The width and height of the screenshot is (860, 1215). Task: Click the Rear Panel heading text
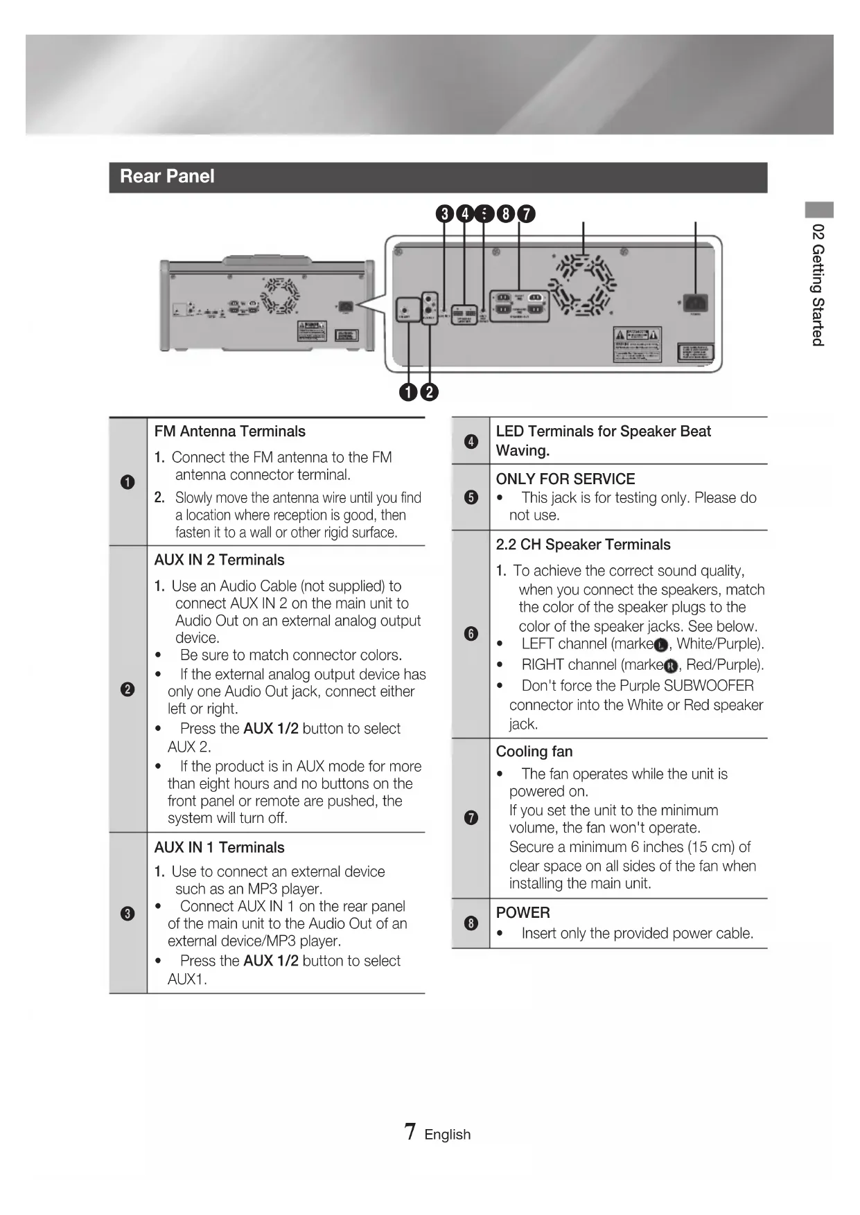coord(167,177)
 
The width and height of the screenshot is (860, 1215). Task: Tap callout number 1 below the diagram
coord(409,392)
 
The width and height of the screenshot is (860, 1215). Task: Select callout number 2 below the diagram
coord(430,392)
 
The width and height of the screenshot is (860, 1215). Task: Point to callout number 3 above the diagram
coord(445,214)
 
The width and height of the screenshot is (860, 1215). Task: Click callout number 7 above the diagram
coord(527,214)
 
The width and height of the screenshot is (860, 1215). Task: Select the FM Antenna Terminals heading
coord(229,432)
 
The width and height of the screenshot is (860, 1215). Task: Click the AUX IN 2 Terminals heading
coord(219,560)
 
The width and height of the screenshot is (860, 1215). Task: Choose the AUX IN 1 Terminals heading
coord(219,848)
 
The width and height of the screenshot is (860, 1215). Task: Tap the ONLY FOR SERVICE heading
coord(565,479)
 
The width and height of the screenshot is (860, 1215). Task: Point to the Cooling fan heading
coord(534,752)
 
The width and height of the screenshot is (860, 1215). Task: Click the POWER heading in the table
coord(523,913)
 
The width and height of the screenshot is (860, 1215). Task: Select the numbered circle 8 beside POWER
coord(471,923)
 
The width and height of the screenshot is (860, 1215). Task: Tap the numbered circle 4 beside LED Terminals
coord(471,441)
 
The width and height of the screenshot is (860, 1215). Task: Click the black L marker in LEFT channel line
coord(661,646)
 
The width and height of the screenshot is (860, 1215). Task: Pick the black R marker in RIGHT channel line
coord(670,666)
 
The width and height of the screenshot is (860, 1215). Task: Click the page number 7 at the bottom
coord(410,1133)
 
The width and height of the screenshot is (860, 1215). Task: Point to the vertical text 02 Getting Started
coord(818,285)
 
